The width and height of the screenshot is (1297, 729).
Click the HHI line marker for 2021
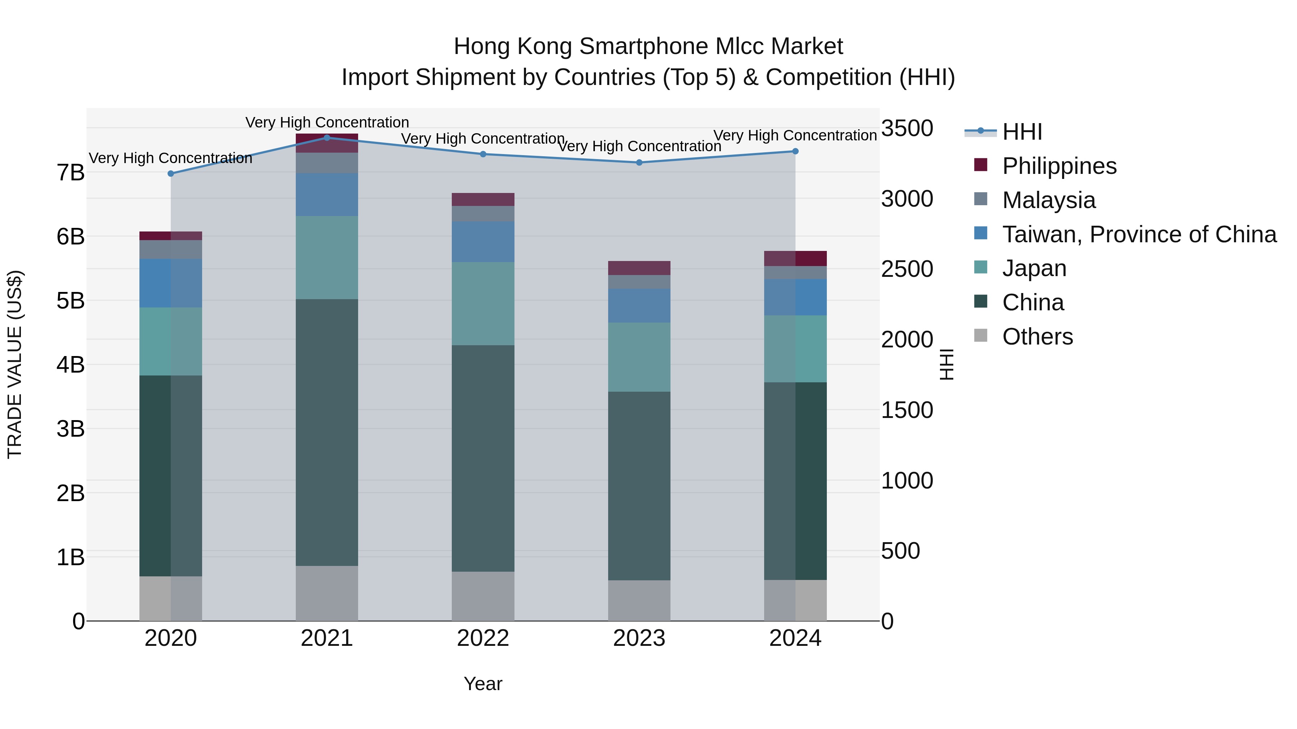327,138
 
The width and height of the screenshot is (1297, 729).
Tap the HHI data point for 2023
639,162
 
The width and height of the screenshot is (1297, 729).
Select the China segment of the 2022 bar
483,458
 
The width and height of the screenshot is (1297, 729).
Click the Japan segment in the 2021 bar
327,258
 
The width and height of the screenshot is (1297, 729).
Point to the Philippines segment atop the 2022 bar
483,199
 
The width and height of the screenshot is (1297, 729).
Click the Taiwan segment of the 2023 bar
639,305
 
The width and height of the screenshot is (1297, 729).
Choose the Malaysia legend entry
1048,200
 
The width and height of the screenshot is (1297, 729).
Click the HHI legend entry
1022,132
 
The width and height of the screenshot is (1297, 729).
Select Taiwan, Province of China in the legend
1139,234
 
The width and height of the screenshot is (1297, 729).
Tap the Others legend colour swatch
980,336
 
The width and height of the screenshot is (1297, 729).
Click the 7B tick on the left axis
71,172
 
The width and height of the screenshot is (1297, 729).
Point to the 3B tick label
71,429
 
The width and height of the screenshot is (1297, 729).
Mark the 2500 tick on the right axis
907,269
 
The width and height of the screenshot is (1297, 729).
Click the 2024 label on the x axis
795,638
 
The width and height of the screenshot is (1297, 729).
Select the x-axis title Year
483,684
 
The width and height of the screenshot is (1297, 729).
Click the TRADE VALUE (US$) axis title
15,364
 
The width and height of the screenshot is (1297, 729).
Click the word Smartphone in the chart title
646,46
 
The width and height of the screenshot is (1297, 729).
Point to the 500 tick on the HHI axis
900,551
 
